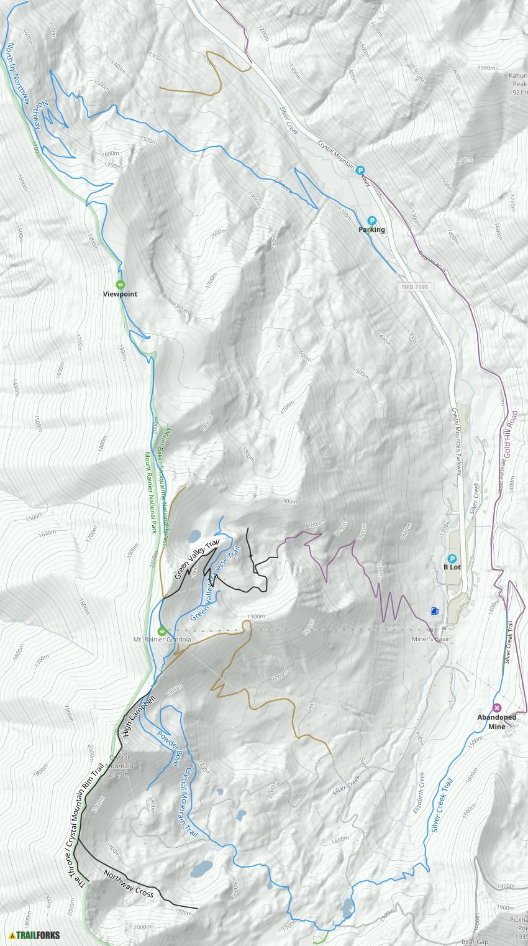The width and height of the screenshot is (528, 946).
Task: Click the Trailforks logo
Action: click(x=31, y=935)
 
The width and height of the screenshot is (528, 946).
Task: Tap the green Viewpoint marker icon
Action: click(x=121, y=285)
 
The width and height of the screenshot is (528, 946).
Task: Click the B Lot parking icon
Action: click(x=452, y=558)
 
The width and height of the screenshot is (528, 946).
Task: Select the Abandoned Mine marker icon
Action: click(x=496, y=707)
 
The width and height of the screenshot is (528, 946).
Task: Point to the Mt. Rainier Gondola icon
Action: click(x=162, y=631)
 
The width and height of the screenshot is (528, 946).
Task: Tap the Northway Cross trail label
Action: click(x=128, y=884)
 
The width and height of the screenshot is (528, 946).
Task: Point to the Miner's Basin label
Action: click(x=430, y=639)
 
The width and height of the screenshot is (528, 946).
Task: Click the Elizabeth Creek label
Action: click(x=418, y=793)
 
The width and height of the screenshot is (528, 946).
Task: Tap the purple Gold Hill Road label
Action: click(x=511, y=435)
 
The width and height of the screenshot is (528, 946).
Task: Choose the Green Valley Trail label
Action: click(x=197, y=559)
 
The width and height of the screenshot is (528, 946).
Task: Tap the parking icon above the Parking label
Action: click(x=371, y=220)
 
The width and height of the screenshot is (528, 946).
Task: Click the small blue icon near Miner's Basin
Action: click(x=434, y=611)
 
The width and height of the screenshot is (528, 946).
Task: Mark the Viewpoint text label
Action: click(x=120, y=294)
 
